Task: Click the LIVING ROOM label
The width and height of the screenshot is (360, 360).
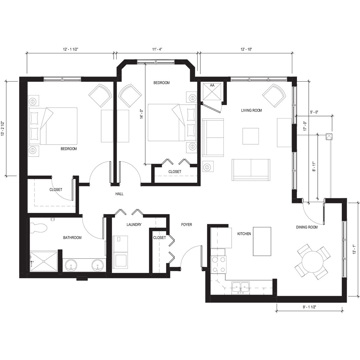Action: (x=251, y=110)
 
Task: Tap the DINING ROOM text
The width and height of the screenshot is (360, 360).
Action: (x=307, y=227)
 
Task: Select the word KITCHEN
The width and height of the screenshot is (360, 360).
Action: (x=244, y=234)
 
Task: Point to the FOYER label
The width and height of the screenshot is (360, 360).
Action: (x=186, y=224)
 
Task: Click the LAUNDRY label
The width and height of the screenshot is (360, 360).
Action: (x=134, y=224)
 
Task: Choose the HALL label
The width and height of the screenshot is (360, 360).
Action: (x=119, y=194)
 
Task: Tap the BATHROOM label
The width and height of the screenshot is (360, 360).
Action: (x=72, y=238)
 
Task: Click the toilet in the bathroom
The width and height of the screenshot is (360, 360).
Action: (x=39, y=228)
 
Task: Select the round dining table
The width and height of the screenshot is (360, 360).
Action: (x=312, y=262)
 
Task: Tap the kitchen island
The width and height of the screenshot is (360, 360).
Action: (x=262, y=241)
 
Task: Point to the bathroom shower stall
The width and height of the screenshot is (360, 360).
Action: (x=43, y=261)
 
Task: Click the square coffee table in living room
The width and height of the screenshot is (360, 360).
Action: (x=250, y=136)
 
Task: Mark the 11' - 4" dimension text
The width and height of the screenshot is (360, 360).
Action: (x=157, y=49)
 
